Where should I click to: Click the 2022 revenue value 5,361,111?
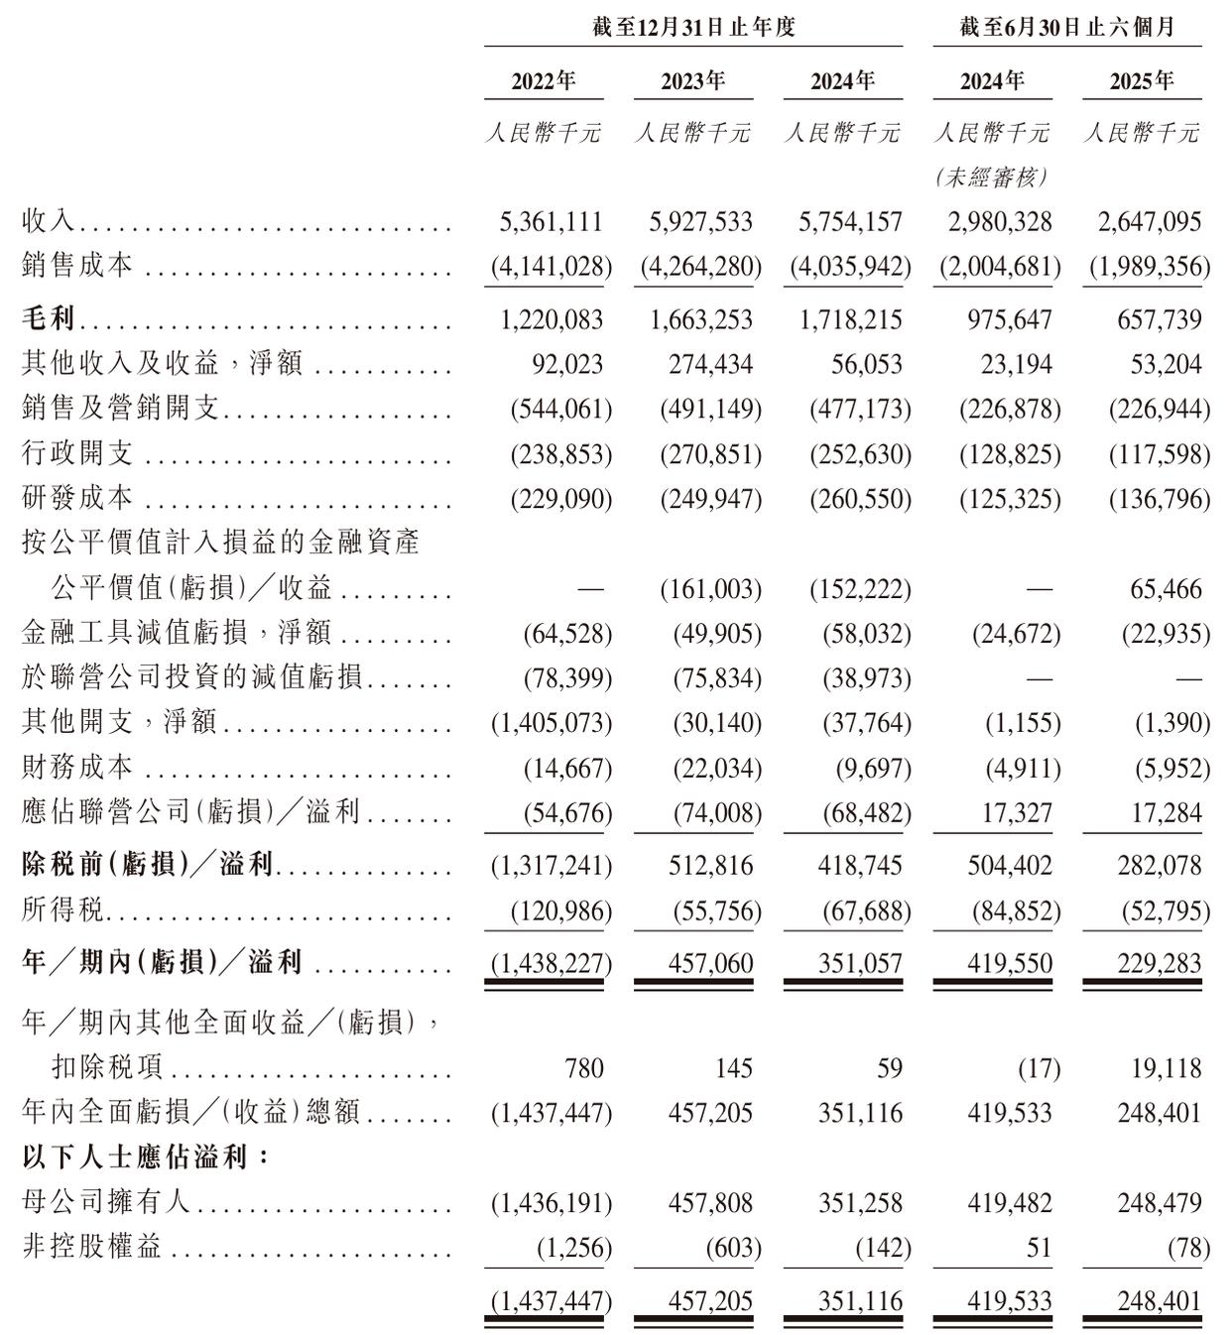click(552, 221)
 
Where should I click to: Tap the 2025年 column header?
click(1142, 81)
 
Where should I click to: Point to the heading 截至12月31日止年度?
click(693, 27)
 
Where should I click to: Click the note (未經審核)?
click(992, 178)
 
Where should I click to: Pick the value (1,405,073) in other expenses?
click(552, 722)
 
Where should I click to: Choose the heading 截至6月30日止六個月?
click(1066, 27)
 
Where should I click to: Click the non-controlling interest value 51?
click(1039, 1248)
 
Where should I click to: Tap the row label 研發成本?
click(77, 497)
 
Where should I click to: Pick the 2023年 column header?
click(693, 81)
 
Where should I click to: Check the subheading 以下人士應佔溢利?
click(145, 1157)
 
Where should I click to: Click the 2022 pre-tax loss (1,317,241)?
click(552, 866)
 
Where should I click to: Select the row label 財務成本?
click(77, 767)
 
